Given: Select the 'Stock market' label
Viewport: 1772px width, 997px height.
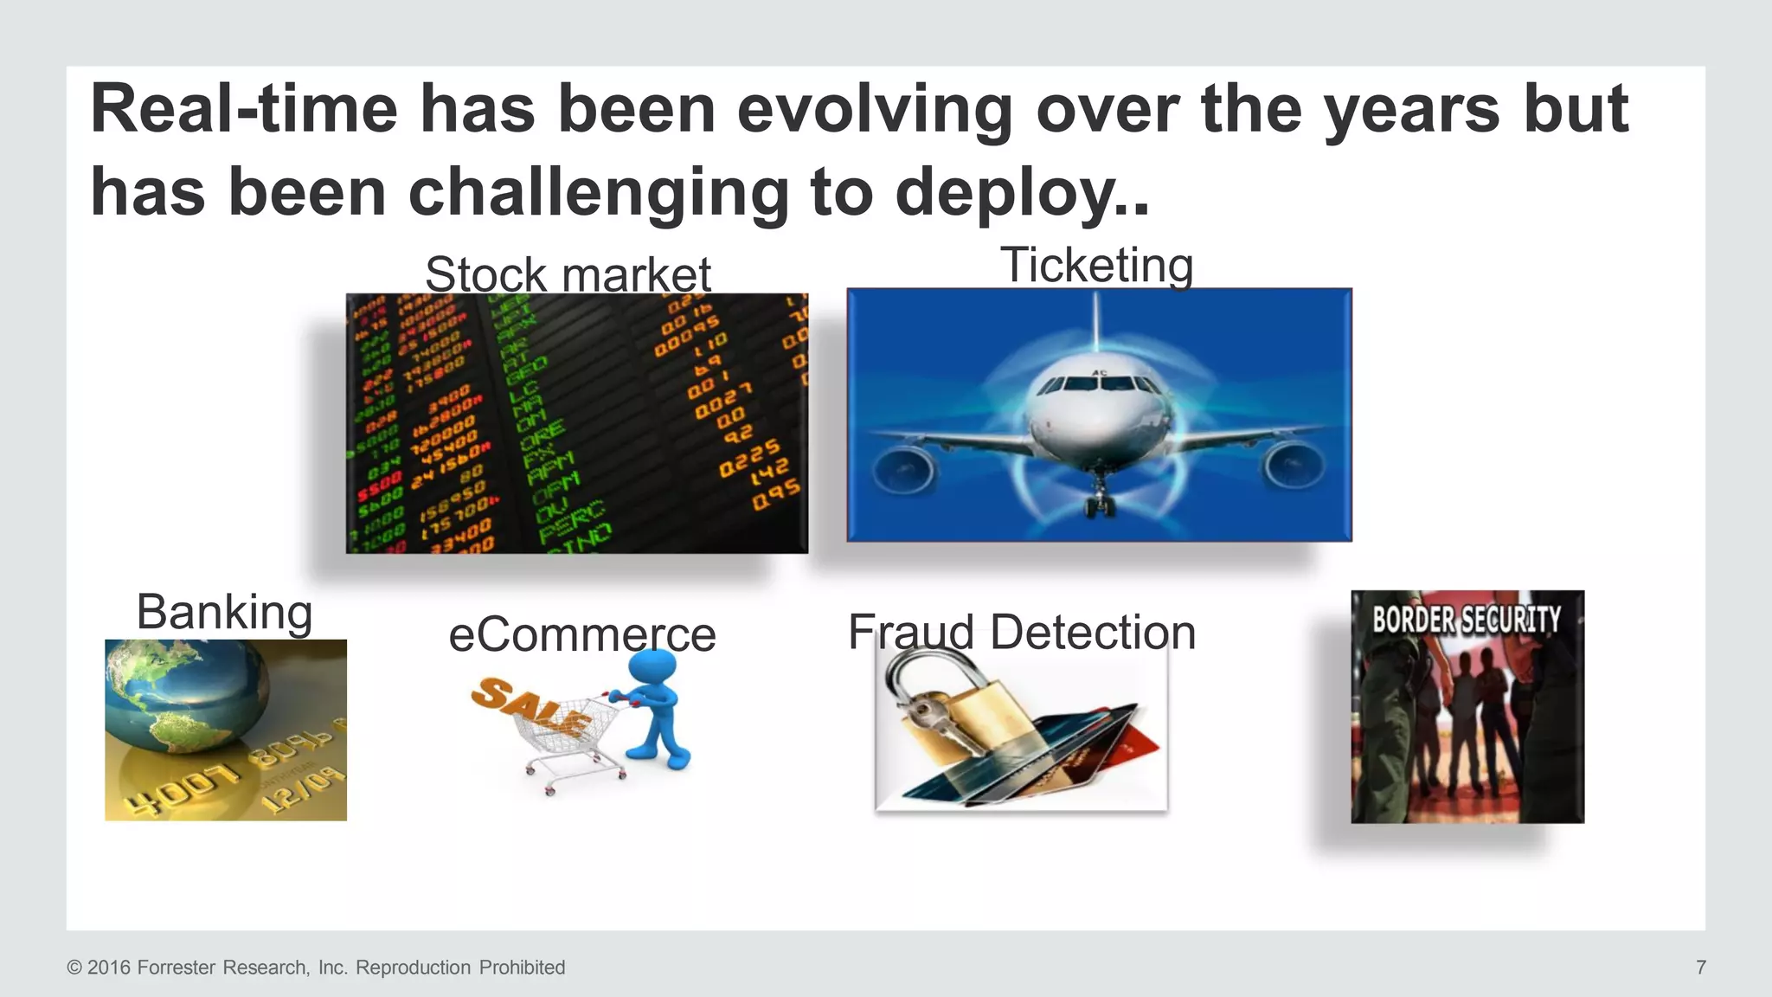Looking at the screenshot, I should tap(568, 274).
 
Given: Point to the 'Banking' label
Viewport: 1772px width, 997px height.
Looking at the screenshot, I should tap(224, 612).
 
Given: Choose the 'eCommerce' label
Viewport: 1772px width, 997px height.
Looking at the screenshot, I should tap(581, 634).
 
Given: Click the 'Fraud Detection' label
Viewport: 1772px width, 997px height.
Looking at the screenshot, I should tap(1021, 632).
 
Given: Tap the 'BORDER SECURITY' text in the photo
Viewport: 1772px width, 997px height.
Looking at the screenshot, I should tap(1467, 620).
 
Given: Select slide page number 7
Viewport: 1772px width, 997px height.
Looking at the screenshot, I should tap(1700, 967).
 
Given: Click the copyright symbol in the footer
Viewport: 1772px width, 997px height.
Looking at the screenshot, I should tap(74, 968).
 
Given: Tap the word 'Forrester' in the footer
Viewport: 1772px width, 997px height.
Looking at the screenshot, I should tap(177, 968).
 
